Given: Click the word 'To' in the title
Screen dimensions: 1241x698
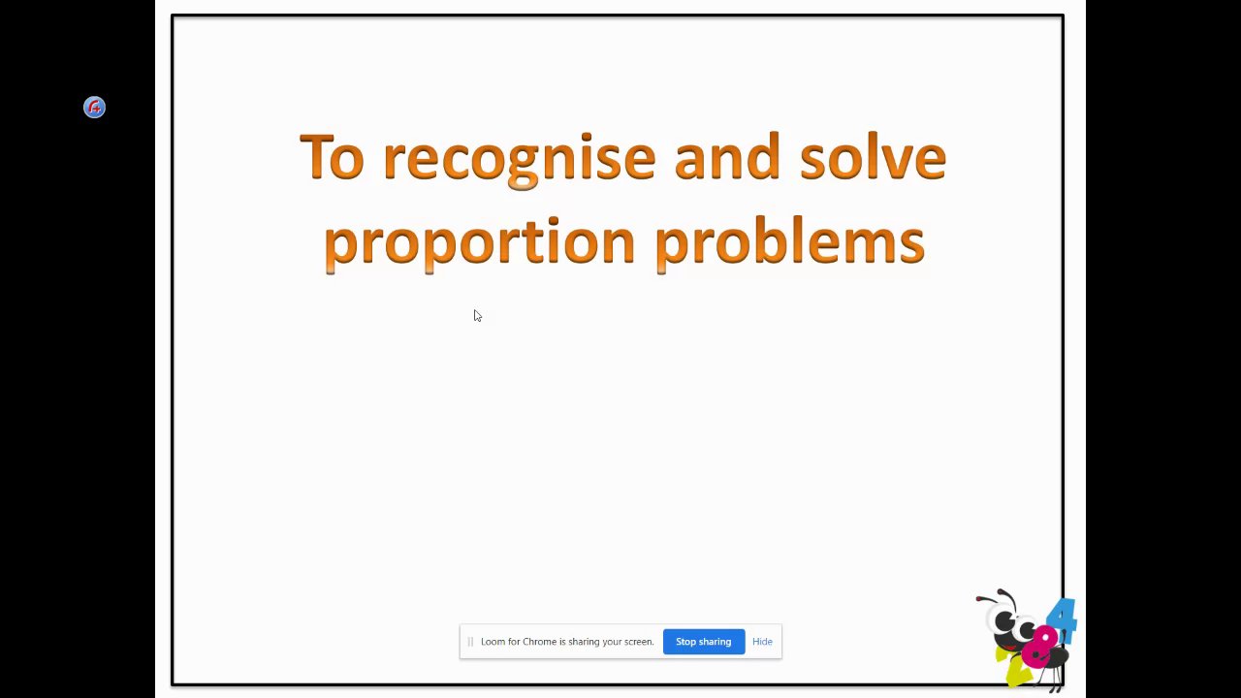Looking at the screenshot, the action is pos(332,156).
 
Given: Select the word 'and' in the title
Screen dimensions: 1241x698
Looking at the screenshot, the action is pos(727,156).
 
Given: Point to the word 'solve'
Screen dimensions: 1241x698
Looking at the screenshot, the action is pos(873,156).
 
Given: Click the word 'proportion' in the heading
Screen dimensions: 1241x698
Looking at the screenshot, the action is pos(480,243).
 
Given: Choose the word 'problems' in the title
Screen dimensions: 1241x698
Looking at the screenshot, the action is pos(790,243).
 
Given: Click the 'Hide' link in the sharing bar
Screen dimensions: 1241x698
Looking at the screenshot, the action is pos(762,642).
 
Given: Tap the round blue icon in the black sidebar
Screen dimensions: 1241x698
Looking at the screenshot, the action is pos(95,107).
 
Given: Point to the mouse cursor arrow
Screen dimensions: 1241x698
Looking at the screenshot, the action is pos(477,315).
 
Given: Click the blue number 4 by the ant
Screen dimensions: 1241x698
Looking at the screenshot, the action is pos(1063,619).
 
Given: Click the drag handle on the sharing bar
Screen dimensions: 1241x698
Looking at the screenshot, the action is pos(470,642).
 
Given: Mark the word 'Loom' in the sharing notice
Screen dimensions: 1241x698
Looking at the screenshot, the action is pos(493,642).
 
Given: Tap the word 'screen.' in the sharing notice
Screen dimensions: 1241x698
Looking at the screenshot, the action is pos(639,642).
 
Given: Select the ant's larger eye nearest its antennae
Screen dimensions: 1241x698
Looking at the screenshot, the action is pos(1004,621).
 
